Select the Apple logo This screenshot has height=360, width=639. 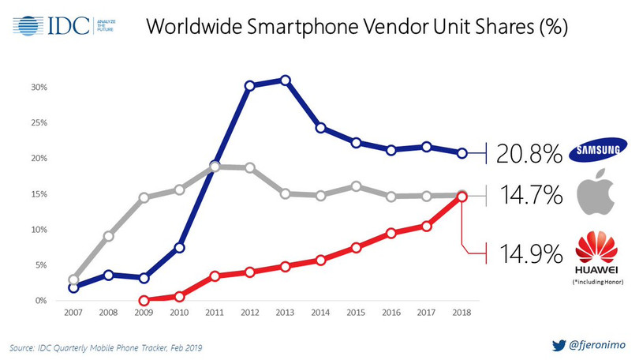597,194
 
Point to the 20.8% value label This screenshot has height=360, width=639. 529,153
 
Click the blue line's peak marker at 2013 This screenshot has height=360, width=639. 285,81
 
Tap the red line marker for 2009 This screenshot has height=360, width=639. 144,301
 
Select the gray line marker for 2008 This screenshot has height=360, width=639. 108,235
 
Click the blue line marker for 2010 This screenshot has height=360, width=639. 179,248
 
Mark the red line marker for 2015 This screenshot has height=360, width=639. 357,247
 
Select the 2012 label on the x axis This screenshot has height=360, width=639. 250,315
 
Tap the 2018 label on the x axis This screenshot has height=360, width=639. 463,315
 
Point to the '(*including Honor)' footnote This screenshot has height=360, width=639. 597,283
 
